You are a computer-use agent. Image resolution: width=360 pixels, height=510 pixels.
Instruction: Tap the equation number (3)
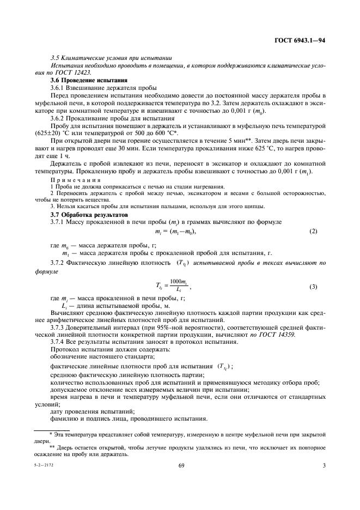click(x=313, y=286)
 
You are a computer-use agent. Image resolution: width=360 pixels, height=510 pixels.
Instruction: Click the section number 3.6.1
click(x=58, y=87)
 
